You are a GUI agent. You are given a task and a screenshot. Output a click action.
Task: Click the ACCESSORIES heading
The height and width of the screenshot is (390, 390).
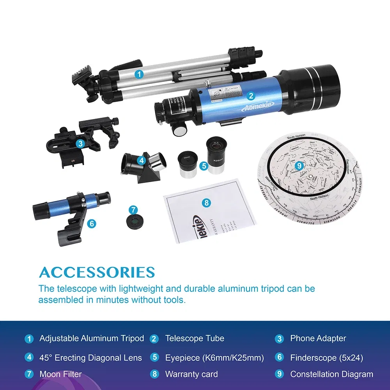97,272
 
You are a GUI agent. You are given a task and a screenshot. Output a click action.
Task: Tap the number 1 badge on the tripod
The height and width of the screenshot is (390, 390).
139,74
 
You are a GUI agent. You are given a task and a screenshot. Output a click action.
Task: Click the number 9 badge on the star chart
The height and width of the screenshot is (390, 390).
299,165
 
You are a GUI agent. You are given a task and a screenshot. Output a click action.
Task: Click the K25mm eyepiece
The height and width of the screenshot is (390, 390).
215,154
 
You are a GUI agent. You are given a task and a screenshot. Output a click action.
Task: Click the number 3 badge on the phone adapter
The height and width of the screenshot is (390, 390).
80,144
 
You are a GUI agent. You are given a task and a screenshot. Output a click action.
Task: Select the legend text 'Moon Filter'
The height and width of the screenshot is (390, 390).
60,374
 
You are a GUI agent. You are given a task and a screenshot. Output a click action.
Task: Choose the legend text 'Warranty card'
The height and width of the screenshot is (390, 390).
191,374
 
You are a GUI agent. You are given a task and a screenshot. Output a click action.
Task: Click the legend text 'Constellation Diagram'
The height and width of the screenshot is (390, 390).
331,374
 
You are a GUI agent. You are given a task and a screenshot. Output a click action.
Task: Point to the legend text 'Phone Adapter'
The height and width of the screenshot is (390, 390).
318,338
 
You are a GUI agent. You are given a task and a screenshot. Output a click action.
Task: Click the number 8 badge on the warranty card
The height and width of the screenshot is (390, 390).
207,203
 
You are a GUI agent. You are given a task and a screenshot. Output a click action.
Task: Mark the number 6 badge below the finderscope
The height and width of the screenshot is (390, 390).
92,223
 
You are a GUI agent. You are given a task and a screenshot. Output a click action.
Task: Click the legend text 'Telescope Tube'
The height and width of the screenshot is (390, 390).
195,338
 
